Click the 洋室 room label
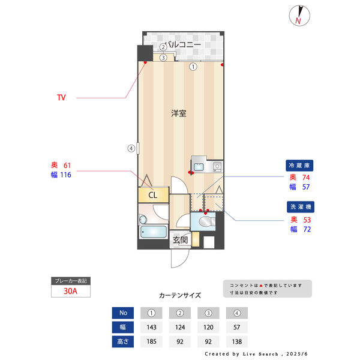pyautogui.click(x=178, y=113)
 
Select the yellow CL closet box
pyautogui.click(x=152, y=195)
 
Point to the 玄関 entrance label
pyautogui.click(x=180, y=240)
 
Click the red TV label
pyautogui.click(x=61, y=97)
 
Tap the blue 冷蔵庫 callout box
pyautogui.click(x=300, y=165)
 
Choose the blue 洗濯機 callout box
pyautogui.click(x=300, y=207)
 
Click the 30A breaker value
pyautogui.click(x=71, y=292)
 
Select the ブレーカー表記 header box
pyautogui.click(x=71, y=281)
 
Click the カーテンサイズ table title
pyautogui.click(x=180, y=295)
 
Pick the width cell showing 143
pyautogui.click(x=151, y=328)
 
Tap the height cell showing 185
pyautogui.click(x=151, y=342)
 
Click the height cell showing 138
pyautogui.click(x=238, y=342)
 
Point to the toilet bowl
pyautogui.click(x=206, y=223)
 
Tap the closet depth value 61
pyautogui.click(x=67, y=165)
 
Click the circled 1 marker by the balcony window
pyautogui.click(x=193, y=67)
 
